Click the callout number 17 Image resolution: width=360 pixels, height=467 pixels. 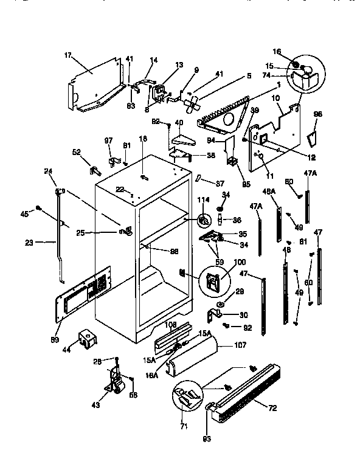66,55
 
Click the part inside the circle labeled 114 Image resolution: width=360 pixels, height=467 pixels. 205,220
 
